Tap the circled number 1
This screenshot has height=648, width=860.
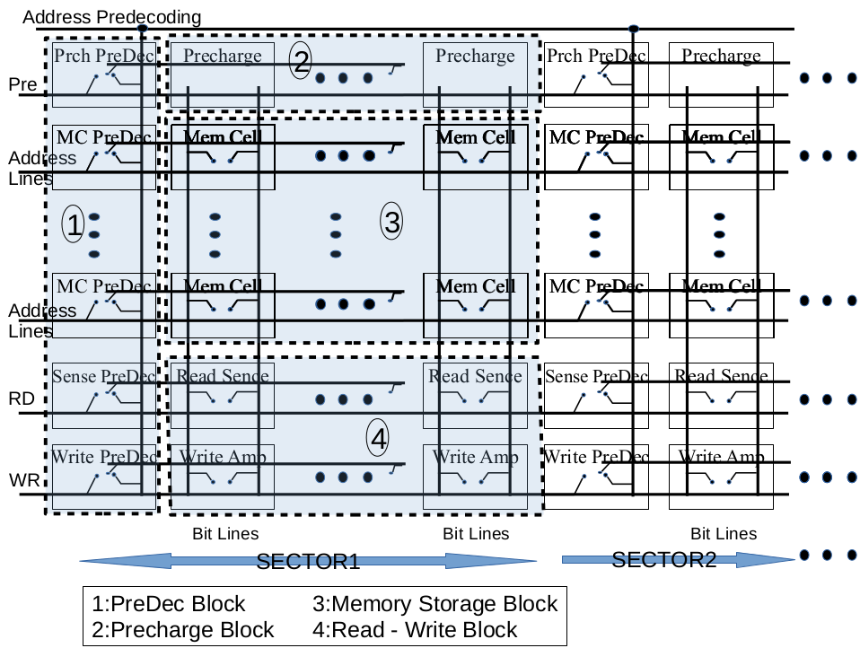tap(74, 225)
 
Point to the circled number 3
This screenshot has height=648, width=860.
tap(391, 221)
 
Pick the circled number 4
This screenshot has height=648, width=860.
tap(379, 438)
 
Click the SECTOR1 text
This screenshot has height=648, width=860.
tap(308, 563)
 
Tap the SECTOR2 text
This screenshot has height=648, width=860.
tap(663, 560)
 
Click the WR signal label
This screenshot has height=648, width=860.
tap(23, 480)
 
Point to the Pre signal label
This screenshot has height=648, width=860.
tap(22, 84)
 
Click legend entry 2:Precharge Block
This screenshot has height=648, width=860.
tap(183, 629)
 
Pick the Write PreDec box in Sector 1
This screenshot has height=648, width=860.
tap(103, 477)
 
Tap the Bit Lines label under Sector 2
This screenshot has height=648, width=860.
tap(724, 534)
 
